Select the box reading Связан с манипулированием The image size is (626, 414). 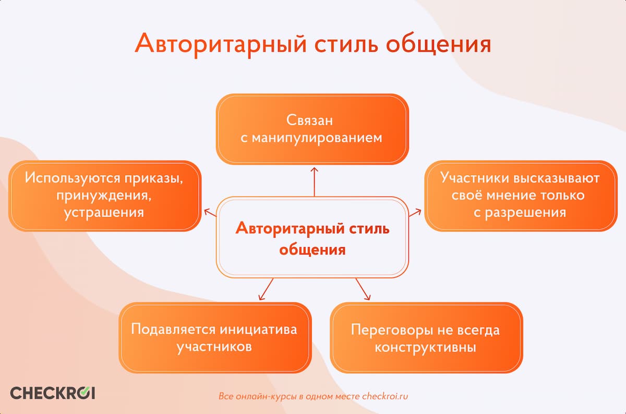(x=312, y=129)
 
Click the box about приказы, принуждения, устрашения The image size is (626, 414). (x=104, y=196)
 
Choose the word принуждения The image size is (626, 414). (x=104, y=196)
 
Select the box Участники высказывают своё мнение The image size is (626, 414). (x=520, y=196)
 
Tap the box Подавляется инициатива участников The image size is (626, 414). (x=214, y=338)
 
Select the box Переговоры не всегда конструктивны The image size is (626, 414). (x=425, y=338)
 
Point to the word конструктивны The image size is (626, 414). (x=425, y=347)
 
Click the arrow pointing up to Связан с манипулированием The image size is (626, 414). (x=314, y=181)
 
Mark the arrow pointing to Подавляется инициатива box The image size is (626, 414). (x=266, y=289)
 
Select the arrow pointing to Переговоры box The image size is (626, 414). (x=363, y=289)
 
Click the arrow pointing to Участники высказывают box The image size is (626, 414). (x=415, y=212)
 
